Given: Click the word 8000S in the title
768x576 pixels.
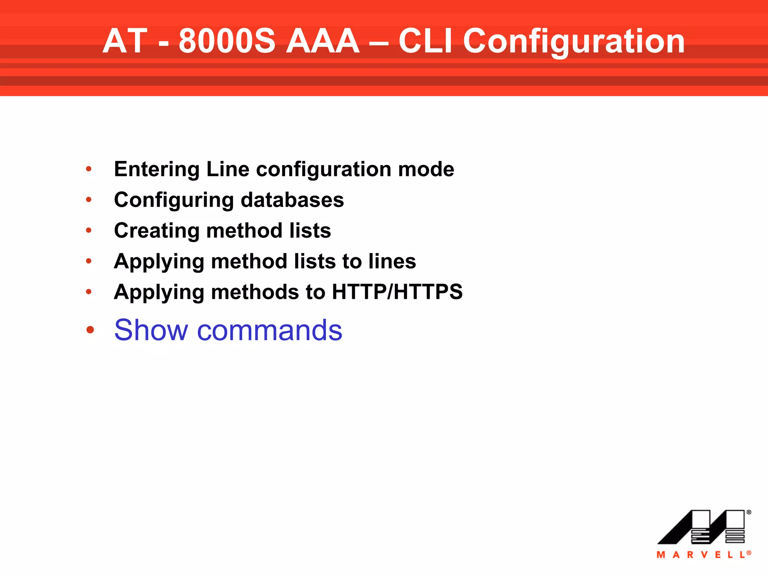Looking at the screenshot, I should click(x=227, y=41).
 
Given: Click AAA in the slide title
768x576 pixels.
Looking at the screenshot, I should click(x=322, y=41).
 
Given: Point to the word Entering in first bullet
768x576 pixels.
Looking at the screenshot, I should click(x=157, y=169).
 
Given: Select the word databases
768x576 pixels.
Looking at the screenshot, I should click(x=292, y=200).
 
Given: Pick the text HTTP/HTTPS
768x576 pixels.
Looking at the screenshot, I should click(x=397, y=292).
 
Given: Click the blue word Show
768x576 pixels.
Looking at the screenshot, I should click(x=151, y=330).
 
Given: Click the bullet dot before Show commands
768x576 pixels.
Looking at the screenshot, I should click(x=90, y=330).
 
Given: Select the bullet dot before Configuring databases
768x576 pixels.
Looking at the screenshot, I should click(x=89, y=200).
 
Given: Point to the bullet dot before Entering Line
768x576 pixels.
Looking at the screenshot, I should click(x=89, y=169).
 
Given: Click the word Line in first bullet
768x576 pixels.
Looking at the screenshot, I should click(x=228, y=169).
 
